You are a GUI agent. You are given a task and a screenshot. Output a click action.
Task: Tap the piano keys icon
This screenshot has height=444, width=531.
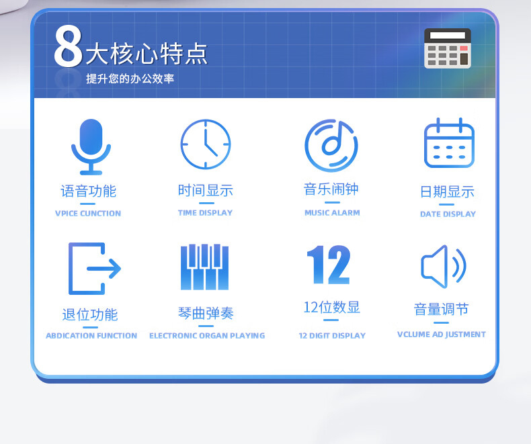204,267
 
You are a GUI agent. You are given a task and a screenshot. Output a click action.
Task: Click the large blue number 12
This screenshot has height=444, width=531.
329,265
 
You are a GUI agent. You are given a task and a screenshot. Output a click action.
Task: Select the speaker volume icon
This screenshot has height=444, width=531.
444,266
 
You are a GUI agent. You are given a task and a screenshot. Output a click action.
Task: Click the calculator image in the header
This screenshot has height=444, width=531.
448,48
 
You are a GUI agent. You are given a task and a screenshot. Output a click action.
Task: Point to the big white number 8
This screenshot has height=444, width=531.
69,46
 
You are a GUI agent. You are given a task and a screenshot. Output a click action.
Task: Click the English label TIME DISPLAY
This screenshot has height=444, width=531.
205,213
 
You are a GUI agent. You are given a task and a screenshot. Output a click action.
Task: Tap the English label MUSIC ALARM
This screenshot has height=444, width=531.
332,213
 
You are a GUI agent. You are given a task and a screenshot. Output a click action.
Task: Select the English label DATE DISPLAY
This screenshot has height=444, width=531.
448,214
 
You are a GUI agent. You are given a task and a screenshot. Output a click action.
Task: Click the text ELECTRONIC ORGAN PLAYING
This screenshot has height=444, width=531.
207,336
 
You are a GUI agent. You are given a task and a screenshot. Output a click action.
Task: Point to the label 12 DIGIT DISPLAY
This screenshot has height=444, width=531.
332,336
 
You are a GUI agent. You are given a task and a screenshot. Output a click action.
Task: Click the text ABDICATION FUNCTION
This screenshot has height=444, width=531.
91,336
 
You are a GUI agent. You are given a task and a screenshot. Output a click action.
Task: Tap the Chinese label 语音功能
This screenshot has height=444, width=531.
88,191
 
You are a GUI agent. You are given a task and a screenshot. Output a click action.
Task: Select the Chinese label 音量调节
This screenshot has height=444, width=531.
441,309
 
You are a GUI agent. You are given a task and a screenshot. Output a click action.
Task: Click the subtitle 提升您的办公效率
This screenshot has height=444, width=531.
130,79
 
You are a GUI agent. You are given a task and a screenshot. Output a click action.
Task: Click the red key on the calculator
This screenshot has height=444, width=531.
464,48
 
